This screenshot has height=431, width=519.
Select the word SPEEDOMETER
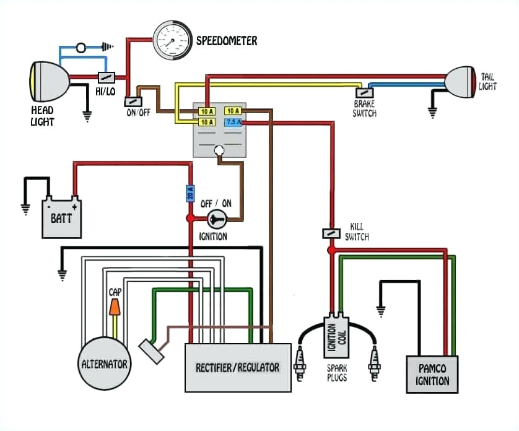(227, 41)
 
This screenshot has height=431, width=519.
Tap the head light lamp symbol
(46, 79)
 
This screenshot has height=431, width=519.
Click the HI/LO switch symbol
(107, 77)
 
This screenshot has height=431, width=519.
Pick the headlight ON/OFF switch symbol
(133, 102)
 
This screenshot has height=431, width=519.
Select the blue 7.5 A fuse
(233, 123)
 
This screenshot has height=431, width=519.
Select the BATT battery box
(61, 217)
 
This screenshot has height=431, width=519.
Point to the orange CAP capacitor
(114, 308)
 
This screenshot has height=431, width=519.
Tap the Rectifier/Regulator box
(238, 367)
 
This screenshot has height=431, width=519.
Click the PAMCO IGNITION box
(432, 374)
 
